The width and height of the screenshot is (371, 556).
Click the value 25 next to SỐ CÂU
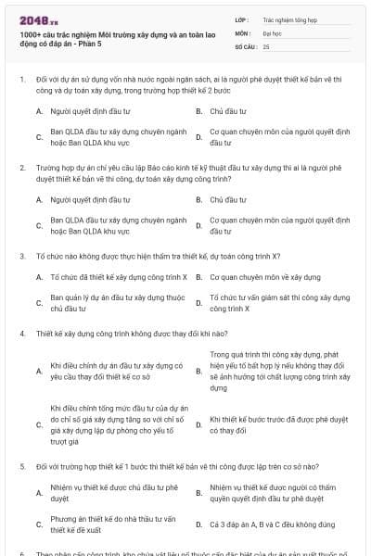(266, 44)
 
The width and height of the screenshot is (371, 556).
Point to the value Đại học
(272, 32)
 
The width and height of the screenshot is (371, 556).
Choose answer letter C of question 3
(39, 303)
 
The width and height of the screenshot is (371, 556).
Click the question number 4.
(21, 332)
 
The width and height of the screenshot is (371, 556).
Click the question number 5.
(21, 466)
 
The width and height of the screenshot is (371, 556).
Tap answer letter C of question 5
(39, 524)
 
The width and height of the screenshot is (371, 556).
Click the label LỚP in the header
(242, 19)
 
